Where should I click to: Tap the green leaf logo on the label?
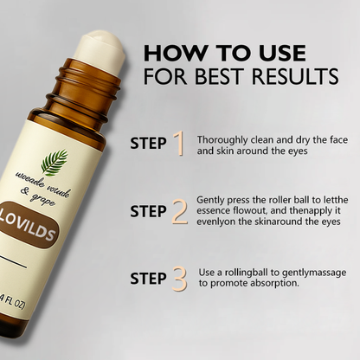coord(54,162)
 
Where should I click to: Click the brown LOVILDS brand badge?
coord(28,225)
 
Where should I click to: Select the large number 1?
coord(179,144)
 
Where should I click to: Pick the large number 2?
coord(179,211)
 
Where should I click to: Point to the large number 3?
coord(179,279)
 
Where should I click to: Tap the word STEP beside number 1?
coord(148,144)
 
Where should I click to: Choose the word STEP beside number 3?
coord(148,279)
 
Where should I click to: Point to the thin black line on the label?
coord(12,261)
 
